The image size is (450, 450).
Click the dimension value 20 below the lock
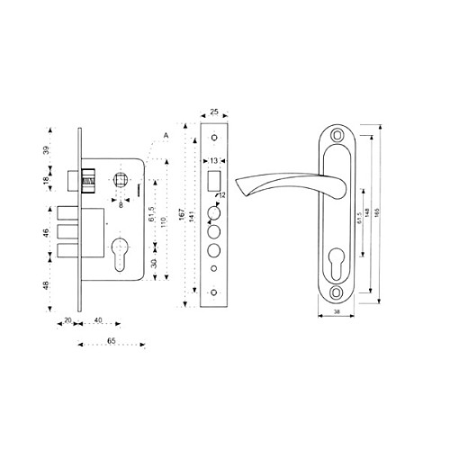[67, 320]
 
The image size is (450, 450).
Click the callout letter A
[166, 135]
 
